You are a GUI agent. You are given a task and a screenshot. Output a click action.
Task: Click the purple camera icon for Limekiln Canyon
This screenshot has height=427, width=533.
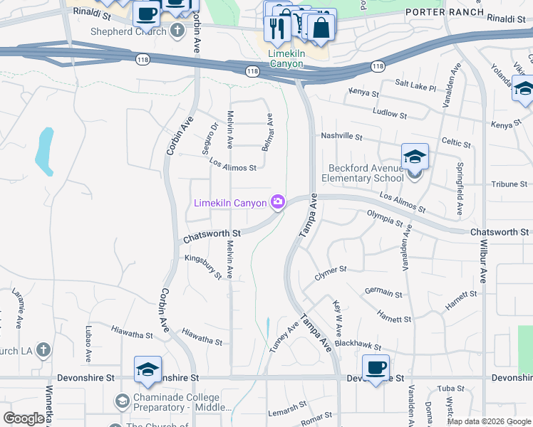click(x=277, y=203)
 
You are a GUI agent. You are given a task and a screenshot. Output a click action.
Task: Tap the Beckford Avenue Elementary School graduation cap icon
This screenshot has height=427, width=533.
click(x=414, y=157)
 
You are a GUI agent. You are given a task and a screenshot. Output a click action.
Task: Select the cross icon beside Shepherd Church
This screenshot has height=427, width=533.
click(x=178, y=31)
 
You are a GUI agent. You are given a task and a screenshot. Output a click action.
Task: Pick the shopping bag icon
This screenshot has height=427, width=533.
click(x=322, y=28)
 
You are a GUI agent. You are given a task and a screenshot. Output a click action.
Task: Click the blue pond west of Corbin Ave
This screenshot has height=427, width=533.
click(x=45, y=150)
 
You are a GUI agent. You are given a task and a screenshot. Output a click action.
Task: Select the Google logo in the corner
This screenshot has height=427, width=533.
click(x=24, y=418)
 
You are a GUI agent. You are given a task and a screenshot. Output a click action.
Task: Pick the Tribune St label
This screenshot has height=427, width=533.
click(x=509, y=184)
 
